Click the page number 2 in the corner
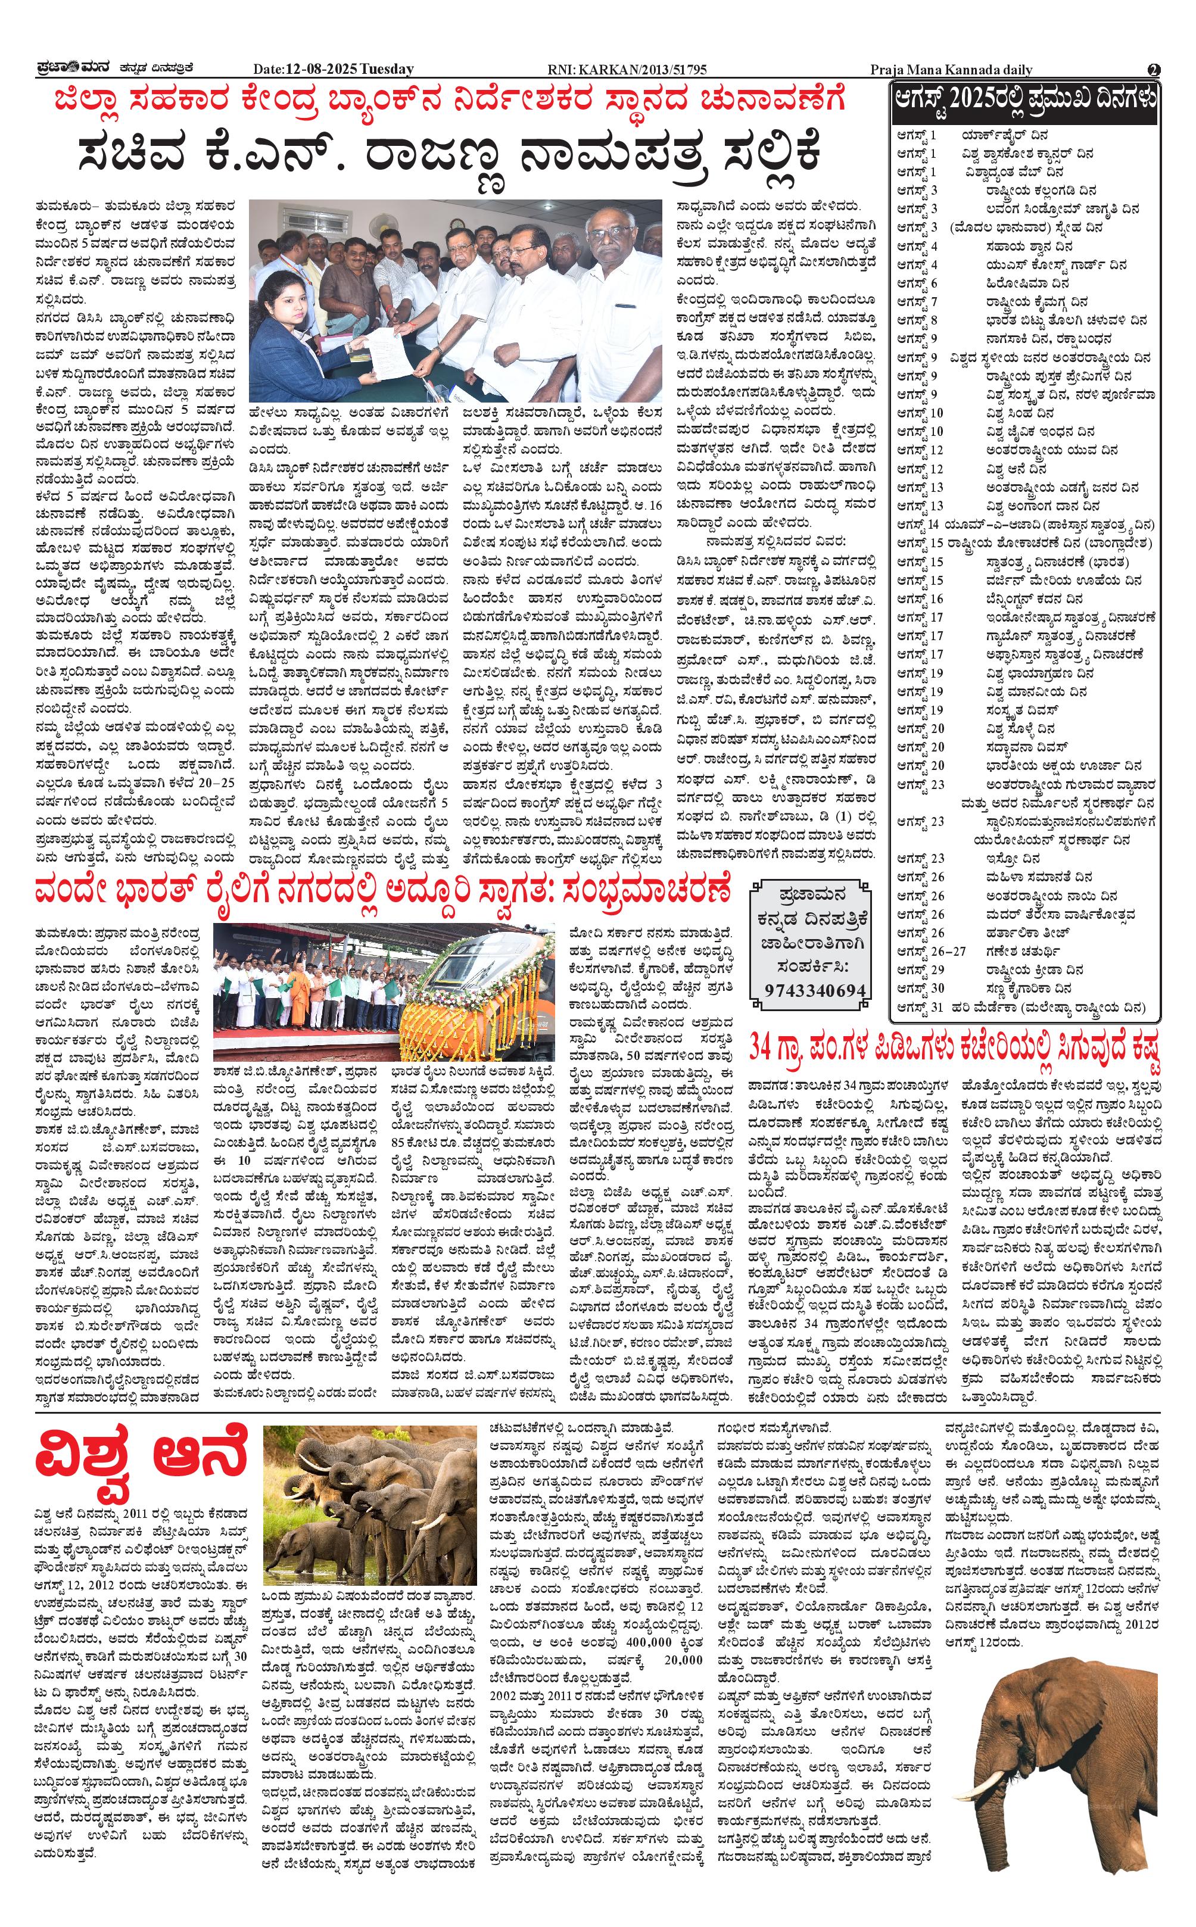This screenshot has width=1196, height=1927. pyautogui.click(x=1153, y=70)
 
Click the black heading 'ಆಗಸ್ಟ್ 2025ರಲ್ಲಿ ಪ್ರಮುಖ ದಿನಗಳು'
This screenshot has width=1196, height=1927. pyautogui.click(x=1025, y=101)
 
